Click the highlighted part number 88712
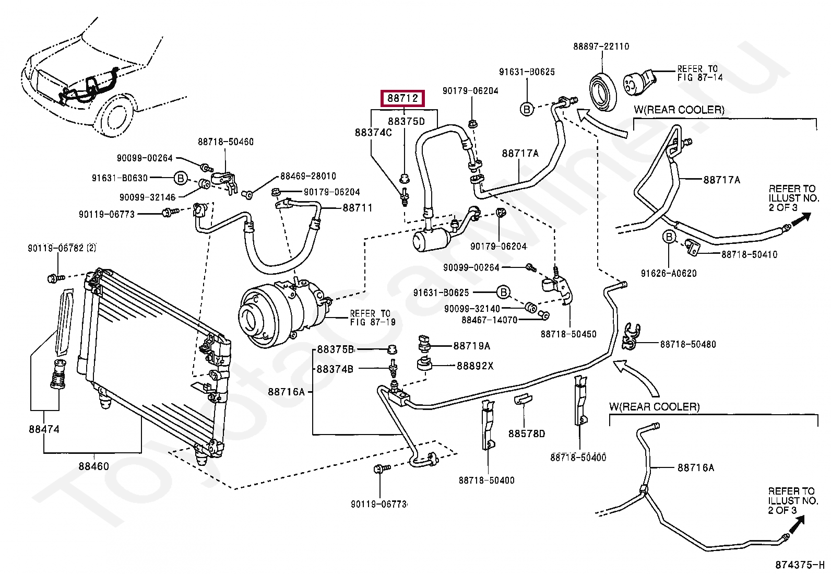(402, 98)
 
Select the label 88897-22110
(601, 46)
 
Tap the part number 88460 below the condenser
(94, 466)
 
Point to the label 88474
(44, 429)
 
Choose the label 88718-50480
(688, 344)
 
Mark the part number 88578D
(527, 434)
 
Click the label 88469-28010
(308, 175)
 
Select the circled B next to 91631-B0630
(181, 179)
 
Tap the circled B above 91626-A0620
(669, 237)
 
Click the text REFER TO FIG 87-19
(373, 318)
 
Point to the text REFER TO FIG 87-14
(700, 73)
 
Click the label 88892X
(475, 366)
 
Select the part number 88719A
(472, 346)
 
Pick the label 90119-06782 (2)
(62, 248)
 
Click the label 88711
(358, 208)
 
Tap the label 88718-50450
(569, 334)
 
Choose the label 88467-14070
(490, 320)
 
